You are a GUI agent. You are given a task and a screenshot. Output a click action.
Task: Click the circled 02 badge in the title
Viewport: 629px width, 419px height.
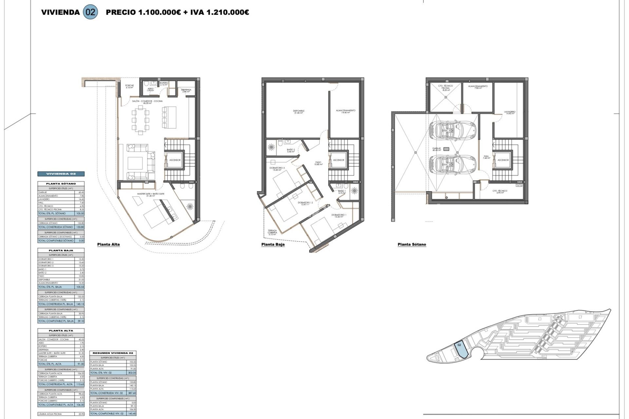tap(90, 12)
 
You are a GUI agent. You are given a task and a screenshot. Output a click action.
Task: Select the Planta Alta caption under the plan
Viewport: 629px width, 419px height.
tap(108, 245)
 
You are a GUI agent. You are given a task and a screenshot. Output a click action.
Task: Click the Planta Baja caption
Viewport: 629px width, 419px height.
tap(273, 245)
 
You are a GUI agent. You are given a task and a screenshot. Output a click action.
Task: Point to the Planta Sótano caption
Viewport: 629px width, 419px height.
tap(412, 245)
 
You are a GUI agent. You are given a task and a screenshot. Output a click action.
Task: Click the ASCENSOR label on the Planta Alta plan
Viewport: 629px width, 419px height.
tap(175, 160)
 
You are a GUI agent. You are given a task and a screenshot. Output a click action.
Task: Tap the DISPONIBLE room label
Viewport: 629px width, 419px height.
tap(298, 111)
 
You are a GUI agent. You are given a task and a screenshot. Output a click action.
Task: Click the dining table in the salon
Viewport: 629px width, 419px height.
tap(140, 120)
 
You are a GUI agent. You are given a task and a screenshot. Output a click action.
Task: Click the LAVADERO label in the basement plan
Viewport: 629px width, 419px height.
tap(510, 112)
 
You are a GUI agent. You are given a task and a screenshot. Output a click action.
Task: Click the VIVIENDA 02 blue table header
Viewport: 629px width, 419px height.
tap(61, 174)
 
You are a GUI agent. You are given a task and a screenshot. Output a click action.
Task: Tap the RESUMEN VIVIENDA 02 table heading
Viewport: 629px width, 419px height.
tap(113, 353)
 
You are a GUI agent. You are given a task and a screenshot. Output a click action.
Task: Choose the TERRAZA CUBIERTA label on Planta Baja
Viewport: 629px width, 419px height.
tap(272, 232)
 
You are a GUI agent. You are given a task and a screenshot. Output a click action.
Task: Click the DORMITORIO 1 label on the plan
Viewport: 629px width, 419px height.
tap(339, 215)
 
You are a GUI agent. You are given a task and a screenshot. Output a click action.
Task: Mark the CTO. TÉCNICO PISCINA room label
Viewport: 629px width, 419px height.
tap(445, 87)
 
